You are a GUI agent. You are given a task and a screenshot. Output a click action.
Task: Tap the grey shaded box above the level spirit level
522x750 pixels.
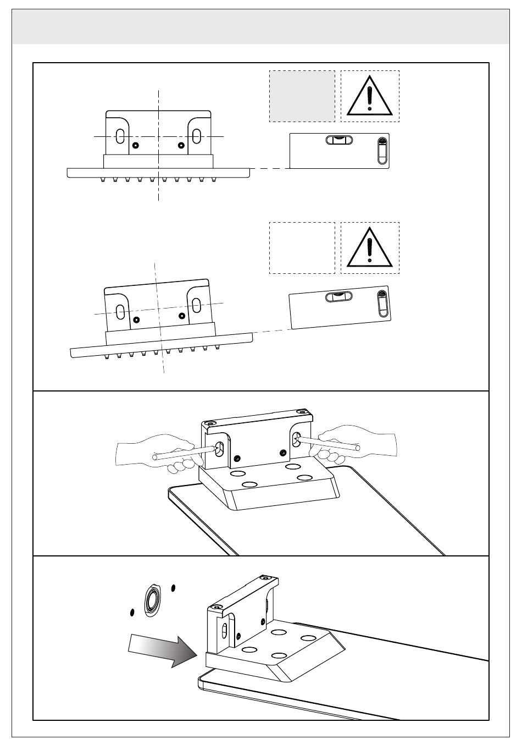point(302,96)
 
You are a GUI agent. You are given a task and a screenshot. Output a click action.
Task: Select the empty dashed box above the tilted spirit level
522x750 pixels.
point(302,247)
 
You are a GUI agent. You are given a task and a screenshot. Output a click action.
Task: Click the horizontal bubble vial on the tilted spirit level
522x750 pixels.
point(339,297)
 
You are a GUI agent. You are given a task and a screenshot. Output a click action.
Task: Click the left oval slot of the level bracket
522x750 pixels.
point(120,137)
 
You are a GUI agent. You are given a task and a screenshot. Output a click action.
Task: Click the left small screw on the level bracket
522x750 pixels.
point(136,145)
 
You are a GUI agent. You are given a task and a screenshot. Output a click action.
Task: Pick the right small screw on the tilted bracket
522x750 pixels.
point(182,316)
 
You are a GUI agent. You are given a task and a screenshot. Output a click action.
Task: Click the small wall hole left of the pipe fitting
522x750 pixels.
point(132,611)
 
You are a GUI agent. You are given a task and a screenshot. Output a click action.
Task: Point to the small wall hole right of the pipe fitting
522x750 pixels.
point(173,588)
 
